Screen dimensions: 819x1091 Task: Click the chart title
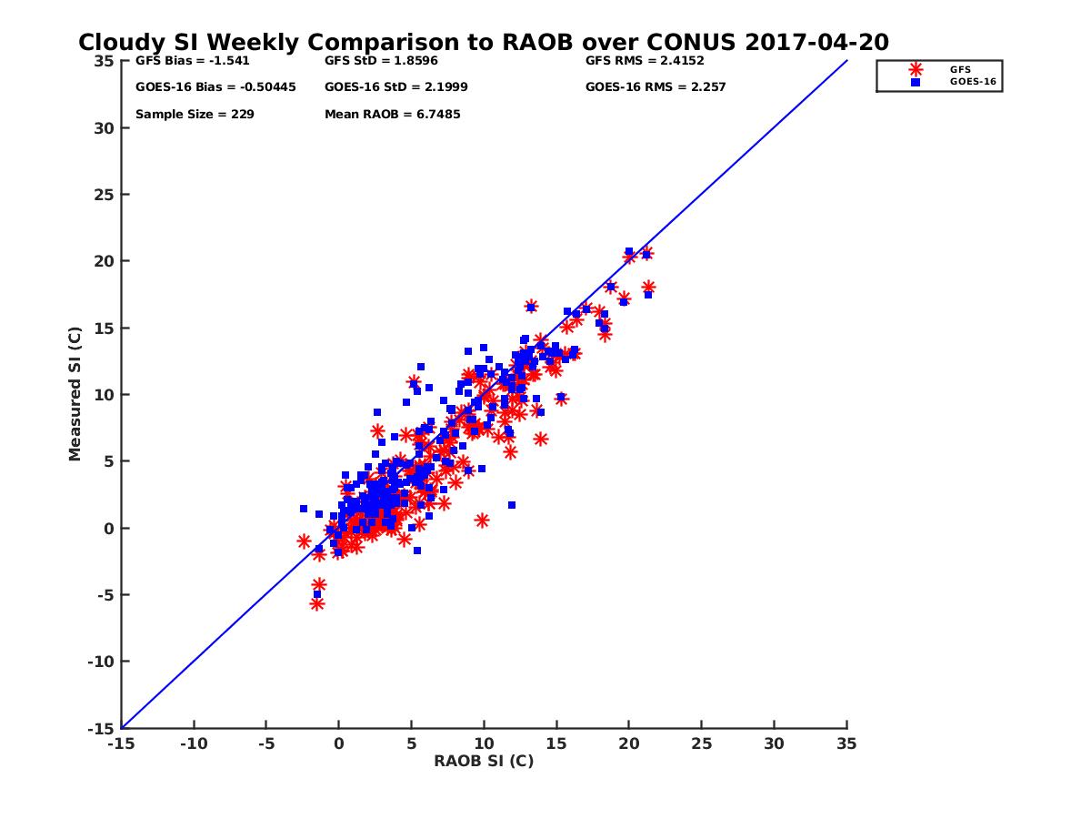click(483, 43)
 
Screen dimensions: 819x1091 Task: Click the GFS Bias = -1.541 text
click(192, 61)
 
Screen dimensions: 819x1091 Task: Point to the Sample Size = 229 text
click(195, 115)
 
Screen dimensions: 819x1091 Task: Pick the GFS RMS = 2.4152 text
click(645, 61)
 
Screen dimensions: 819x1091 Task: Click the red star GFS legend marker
click(916, 69)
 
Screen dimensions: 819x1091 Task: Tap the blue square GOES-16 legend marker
click(916, 82)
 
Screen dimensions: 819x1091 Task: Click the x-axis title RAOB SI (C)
click(484, 761)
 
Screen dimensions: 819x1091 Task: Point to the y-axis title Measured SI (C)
click(75, 394)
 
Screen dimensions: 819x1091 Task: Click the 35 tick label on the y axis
click(104, 61)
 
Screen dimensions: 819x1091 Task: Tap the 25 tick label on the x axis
click(701, 743)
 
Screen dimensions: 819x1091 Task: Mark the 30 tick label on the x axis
click(774, 743)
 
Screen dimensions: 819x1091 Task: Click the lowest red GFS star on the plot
click(316, 603)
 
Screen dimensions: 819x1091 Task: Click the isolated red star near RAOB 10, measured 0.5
click(482, 521)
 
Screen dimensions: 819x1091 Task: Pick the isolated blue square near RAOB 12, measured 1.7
click(512, 505)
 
